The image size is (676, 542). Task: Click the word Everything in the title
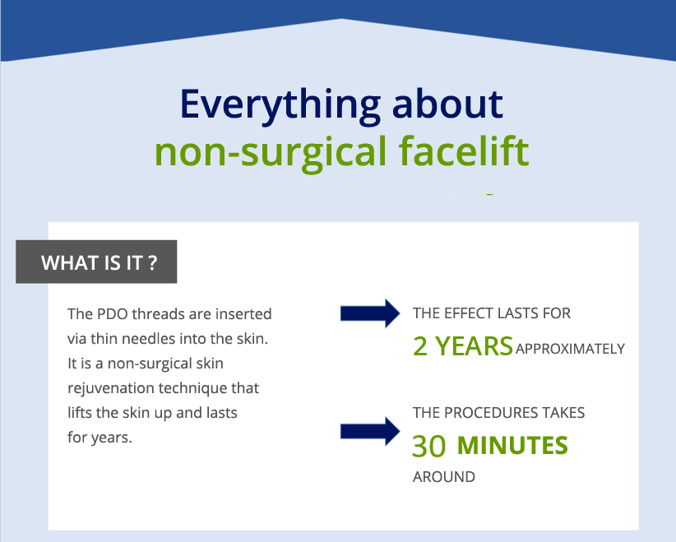(280, 106)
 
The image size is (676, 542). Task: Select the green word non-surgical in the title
(271, 153)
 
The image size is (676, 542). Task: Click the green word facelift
(464, 150)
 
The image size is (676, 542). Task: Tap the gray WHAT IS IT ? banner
(96, 262)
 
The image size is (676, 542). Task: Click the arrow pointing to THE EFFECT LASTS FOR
(370, 313)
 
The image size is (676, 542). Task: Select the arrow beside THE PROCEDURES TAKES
(370, 431)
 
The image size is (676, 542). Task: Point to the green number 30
(429, 446)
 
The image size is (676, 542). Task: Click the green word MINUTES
(512, 446)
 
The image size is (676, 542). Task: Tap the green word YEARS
(474, 346)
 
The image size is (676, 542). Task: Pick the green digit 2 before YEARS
(420, 346)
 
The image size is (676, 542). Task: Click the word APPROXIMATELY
(570, 349)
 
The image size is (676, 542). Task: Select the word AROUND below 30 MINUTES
(444, 477)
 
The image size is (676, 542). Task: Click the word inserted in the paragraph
(243, 314)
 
